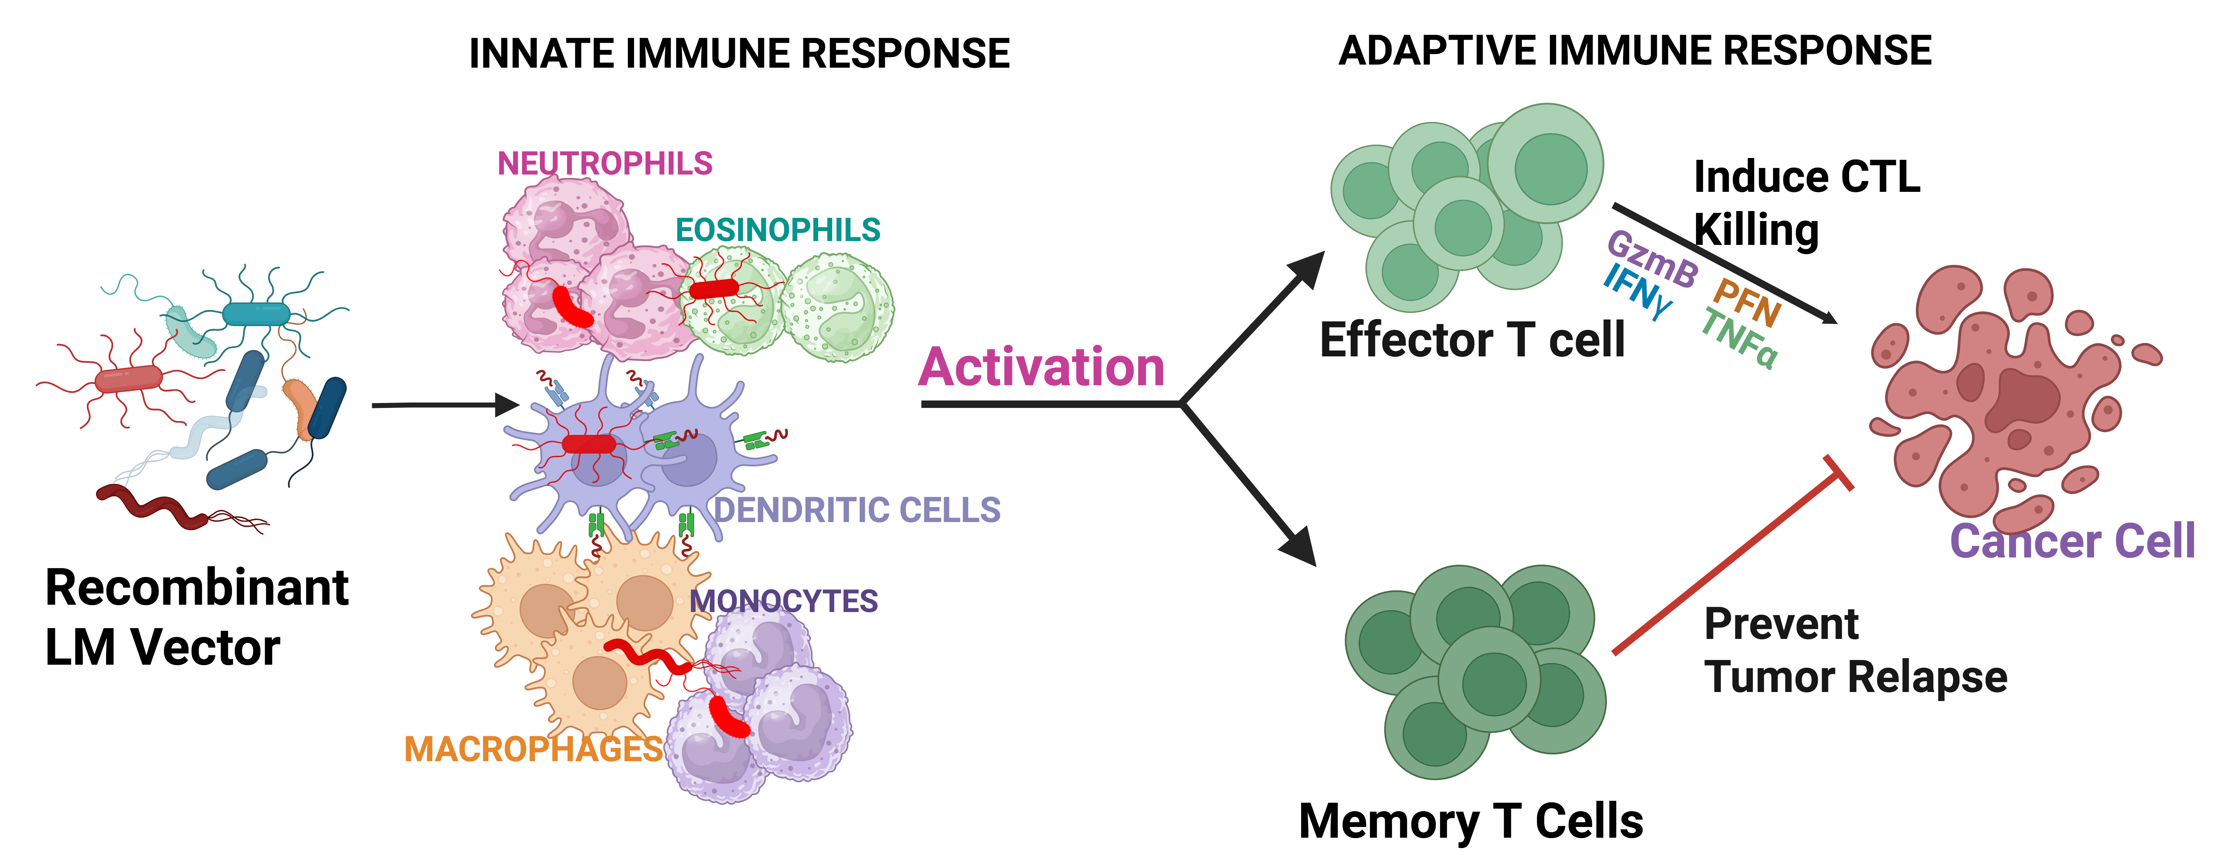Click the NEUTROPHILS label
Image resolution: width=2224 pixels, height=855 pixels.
pyautogui.click(x=604, y=163)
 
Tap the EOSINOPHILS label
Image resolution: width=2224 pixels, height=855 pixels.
pyautogui.click(x=777, y=230)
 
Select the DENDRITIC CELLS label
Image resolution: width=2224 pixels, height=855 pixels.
pyautogui.click(x=857, y=509)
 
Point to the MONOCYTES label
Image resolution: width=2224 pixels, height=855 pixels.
pyautogui.click(x=783, y=601)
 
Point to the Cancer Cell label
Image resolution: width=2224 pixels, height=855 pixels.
pyautogui.click(x=2072, y=542)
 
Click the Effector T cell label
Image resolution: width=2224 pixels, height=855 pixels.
pyautogui.click(x=1472, y=339)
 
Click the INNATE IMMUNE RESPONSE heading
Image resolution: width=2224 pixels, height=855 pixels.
pyautogui.click(x=739, y=53)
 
